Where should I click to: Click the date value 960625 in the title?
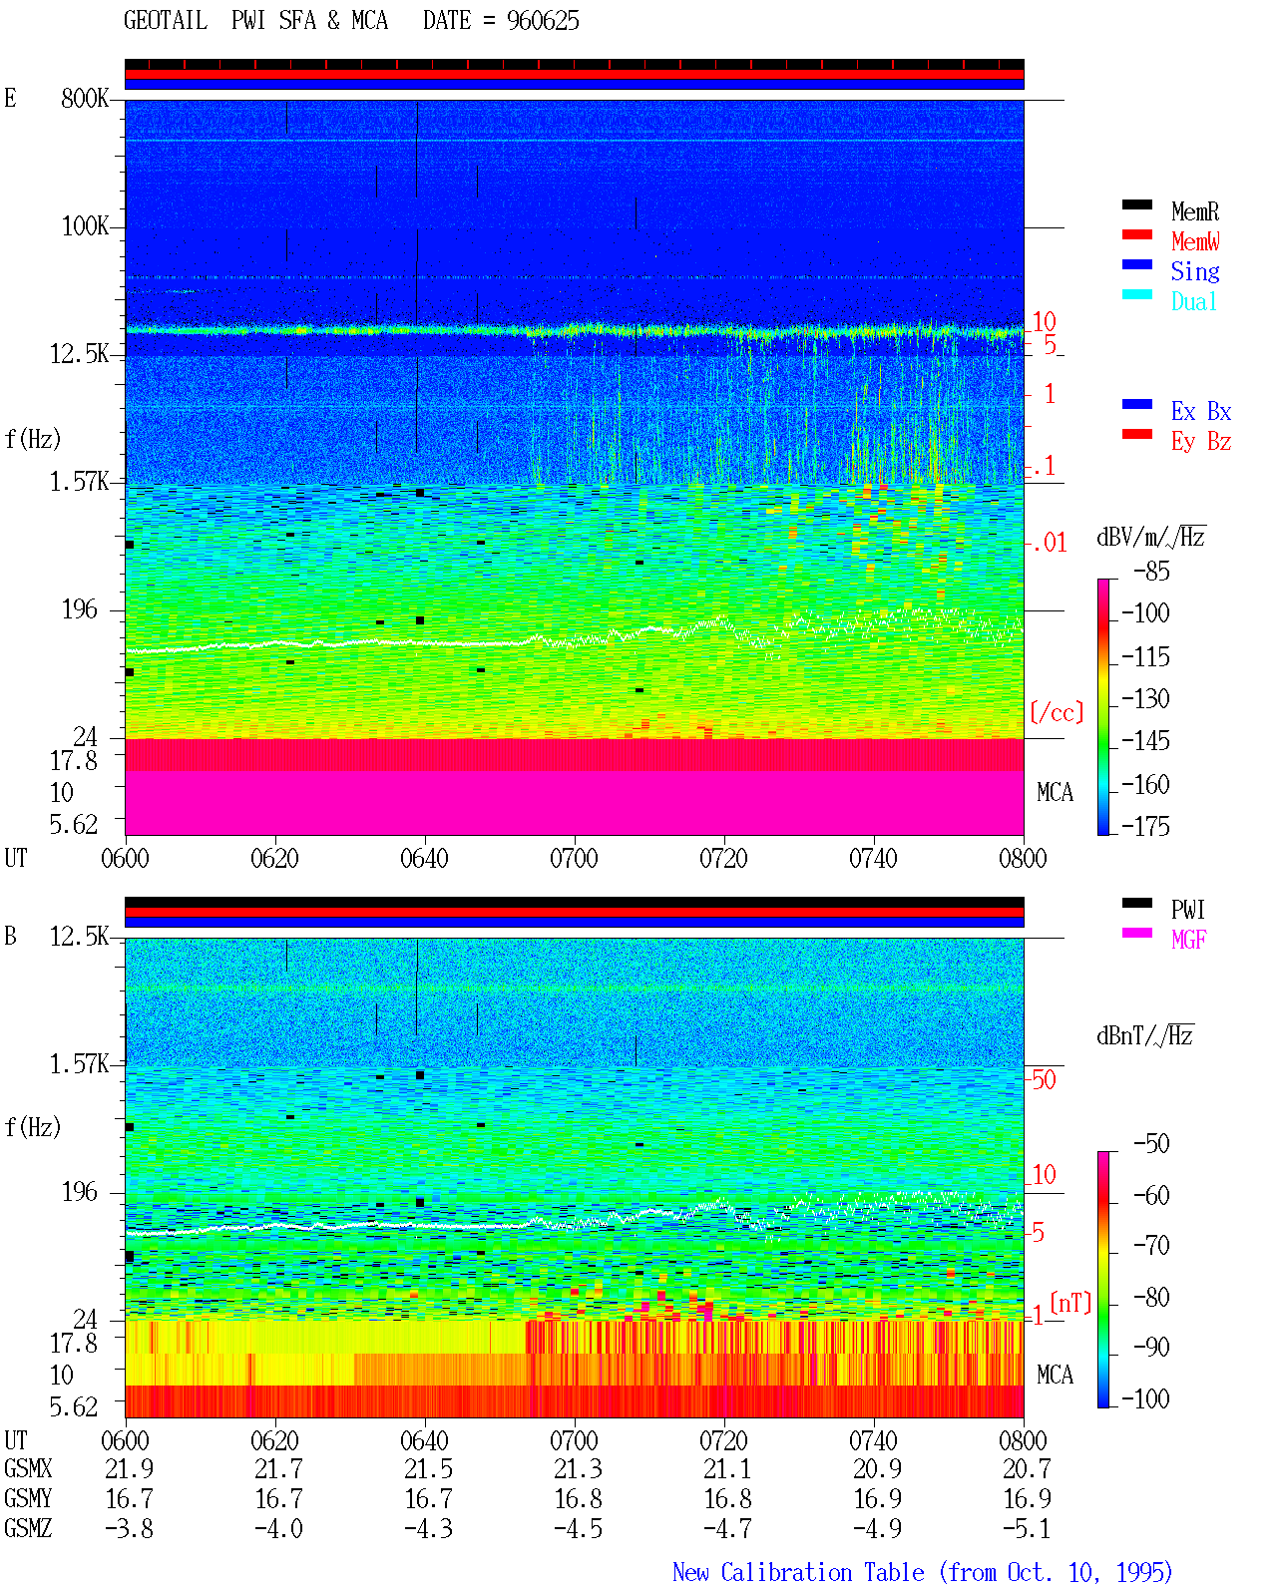coord(543,21)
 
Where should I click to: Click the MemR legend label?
coord(1195,211)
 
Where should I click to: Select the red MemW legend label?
coord(1195,241)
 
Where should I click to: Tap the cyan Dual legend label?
coord(1194,301)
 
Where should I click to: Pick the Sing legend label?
coord(1195,271)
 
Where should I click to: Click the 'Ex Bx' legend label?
coord(1201,411)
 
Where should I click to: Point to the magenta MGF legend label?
coord(1188,940)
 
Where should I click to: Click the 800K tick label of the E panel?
coord(85,98)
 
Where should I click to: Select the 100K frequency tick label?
coord(85,226)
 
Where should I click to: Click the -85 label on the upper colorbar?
coord(1151,571)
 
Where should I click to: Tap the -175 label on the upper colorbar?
coord(1145,826)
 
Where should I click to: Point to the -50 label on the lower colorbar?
coord(1151,1144)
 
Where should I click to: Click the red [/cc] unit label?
coord(1057,712)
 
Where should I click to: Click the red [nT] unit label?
coord(1070,1303)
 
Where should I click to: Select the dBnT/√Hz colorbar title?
coord(1144,1035)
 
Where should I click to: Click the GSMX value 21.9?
coord(130,1469)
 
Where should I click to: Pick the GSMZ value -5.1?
coord(1027,1528)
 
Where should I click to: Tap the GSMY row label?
coord(28,1499)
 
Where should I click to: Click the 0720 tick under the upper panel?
coord(724,858)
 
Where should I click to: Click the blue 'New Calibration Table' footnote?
coord(798,1572)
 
